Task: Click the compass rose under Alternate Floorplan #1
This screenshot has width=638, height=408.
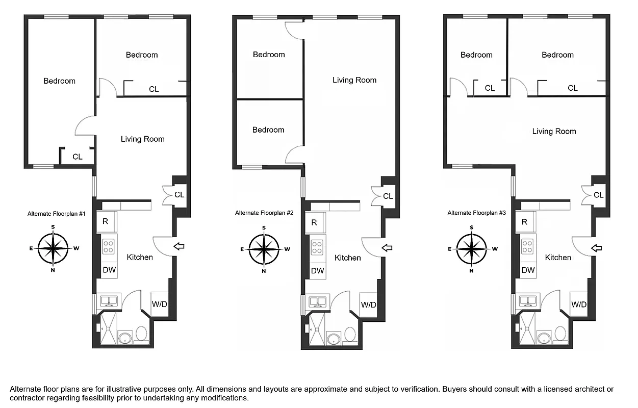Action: pos(53,248)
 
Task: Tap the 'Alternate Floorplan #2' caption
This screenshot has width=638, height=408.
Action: pos(264,213)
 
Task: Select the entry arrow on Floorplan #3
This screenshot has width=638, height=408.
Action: pos(596,248)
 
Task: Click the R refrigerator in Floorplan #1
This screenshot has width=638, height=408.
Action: pos(105,222)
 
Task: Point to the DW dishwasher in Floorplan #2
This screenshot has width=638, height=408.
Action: pos(317,271)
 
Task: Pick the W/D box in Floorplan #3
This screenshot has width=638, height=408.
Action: pos(579,304)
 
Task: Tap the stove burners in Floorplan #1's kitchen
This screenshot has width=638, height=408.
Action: pos(109,247)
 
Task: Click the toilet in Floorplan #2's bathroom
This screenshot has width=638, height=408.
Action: pos(350,335)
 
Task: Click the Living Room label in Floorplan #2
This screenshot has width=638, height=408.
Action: pos(354,80)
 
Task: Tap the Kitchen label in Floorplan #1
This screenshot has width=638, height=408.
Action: pos(140,257)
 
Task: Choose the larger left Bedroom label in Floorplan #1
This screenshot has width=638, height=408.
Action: pos(59,81)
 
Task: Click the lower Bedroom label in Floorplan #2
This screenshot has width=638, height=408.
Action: pos(268,130)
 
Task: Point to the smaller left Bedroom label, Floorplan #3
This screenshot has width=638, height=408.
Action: pos(476,55)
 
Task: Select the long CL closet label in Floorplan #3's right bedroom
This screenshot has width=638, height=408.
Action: pos(573,88)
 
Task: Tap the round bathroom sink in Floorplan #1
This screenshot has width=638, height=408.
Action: pos(124,338)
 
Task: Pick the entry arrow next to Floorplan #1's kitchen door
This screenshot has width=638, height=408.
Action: pos(179,247)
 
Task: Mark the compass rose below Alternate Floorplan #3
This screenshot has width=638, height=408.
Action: pos(472,249)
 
